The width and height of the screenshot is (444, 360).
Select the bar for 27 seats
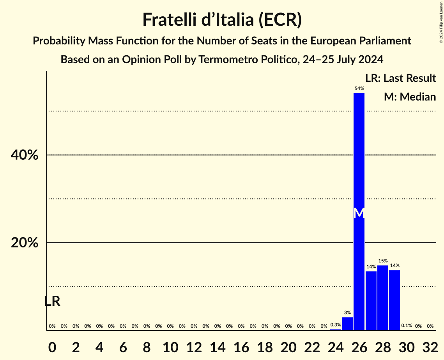tap(371, 300)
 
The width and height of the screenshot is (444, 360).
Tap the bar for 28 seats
tap(383, 298)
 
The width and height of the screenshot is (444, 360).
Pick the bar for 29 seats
tap(394, 300)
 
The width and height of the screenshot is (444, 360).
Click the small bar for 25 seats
tap(347, 324)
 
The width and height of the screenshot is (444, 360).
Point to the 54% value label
tap(359, 88)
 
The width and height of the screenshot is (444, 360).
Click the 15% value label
tap(383, 261)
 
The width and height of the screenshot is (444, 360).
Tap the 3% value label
tap(347, 312)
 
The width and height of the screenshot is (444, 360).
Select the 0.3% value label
tap(336, 325)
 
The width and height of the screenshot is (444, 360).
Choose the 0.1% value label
tap(407, 325)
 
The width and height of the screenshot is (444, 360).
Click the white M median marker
tap(359, 213)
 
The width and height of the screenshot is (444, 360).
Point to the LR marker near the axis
tap(52, 301)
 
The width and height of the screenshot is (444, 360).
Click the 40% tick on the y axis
tap(24, 155)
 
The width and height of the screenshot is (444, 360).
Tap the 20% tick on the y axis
tap(24, 243)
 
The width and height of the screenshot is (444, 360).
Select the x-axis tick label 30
tap(407, 346)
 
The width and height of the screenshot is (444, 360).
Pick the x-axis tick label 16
tap(241, 346)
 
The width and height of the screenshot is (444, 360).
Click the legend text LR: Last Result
tap(400, 78)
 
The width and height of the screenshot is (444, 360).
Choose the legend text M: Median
tap(410, 97)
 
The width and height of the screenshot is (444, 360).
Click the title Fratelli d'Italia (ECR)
tap(222, 19)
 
